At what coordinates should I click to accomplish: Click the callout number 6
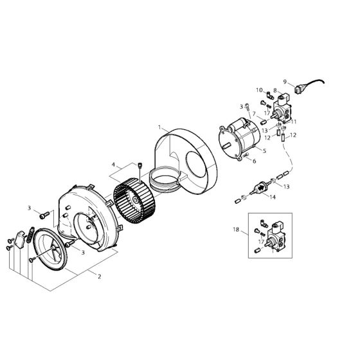[253, 161]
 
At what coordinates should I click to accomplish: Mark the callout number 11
[295, 122]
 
